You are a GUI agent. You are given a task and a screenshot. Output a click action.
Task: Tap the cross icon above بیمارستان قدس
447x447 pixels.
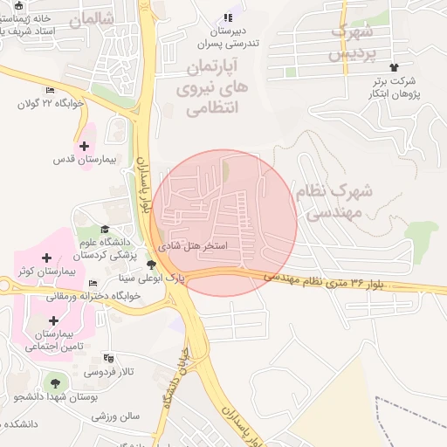coord(84,146)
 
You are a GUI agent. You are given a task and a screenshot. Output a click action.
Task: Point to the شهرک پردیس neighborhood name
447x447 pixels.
coord(353,43)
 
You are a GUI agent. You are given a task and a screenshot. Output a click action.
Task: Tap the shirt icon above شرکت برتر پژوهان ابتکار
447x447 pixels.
coord(394,66)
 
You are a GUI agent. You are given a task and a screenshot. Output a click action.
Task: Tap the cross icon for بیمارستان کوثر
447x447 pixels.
coord(46,258)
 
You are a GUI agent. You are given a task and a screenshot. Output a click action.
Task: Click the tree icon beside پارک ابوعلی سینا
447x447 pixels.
coord(152,265)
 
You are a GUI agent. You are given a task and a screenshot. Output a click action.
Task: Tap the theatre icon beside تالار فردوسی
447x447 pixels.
coord(109,358)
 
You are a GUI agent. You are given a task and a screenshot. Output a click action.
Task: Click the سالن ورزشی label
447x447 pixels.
coord(117,416)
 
